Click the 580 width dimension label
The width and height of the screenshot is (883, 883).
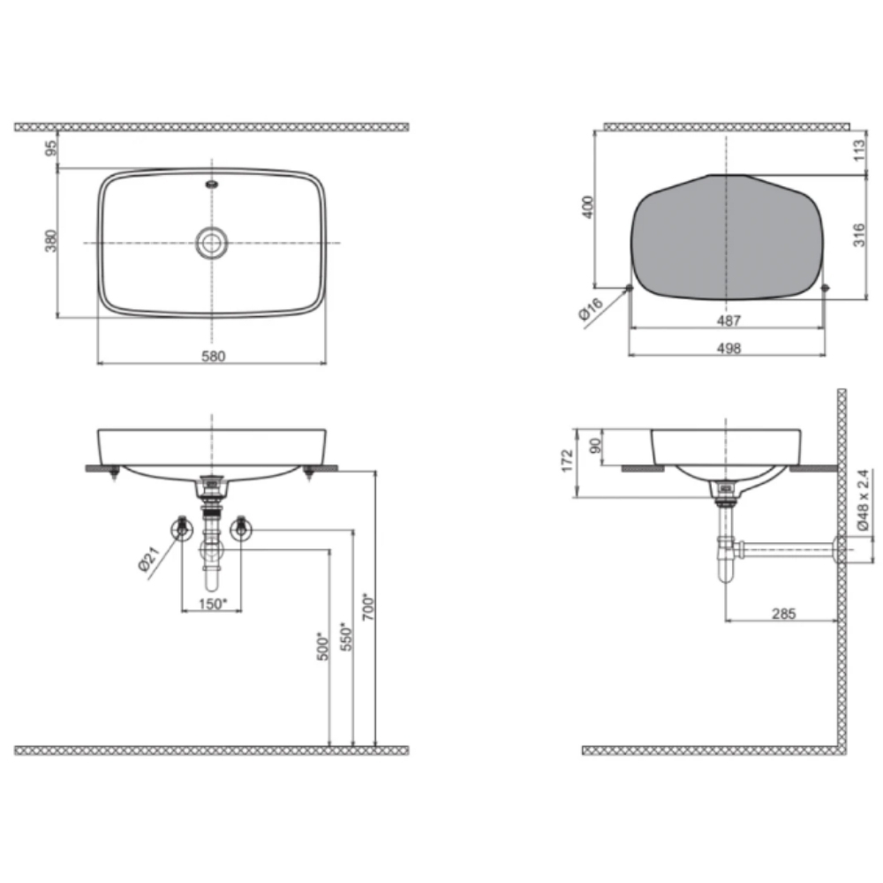coord(214,356)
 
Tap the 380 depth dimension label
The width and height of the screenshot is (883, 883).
coord(50,240)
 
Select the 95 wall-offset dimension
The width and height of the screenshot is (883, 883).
coord(50,148)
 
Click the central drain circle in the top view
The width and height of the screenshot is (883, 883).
coord(212,244)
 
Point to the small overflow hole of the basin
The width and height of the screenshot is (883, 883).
coord(212,183)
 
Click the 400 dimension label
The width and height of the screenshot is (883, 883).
coord(587,207)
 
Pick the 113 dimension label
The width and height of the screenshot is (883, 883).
coord(859,150)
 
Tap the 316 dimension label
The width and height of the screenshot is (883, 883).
coord(859,235)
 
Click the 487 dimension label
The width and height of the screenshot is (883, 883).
coord(728,321)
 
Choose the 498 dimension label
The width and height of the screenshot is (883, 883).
coord(728,349)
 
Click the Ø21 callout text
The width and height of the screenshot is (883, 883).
coord(149,559)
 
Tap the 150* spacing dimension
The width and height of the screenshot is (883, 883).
coord(212,604)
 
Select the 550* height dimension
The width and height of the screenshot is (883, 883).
coord(346,637)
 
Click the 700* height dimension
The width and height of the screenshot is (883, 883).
coord(367,606)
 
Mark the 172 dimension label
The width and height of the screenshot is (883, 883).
coord(567,461)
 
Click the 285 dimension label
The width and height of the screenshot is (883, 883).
coord(783,614)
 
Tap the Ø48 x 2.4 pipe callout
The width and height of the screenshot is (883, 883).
coord(864,500)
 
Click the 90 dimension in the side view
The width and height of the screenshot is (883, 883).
coord(594,446)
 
